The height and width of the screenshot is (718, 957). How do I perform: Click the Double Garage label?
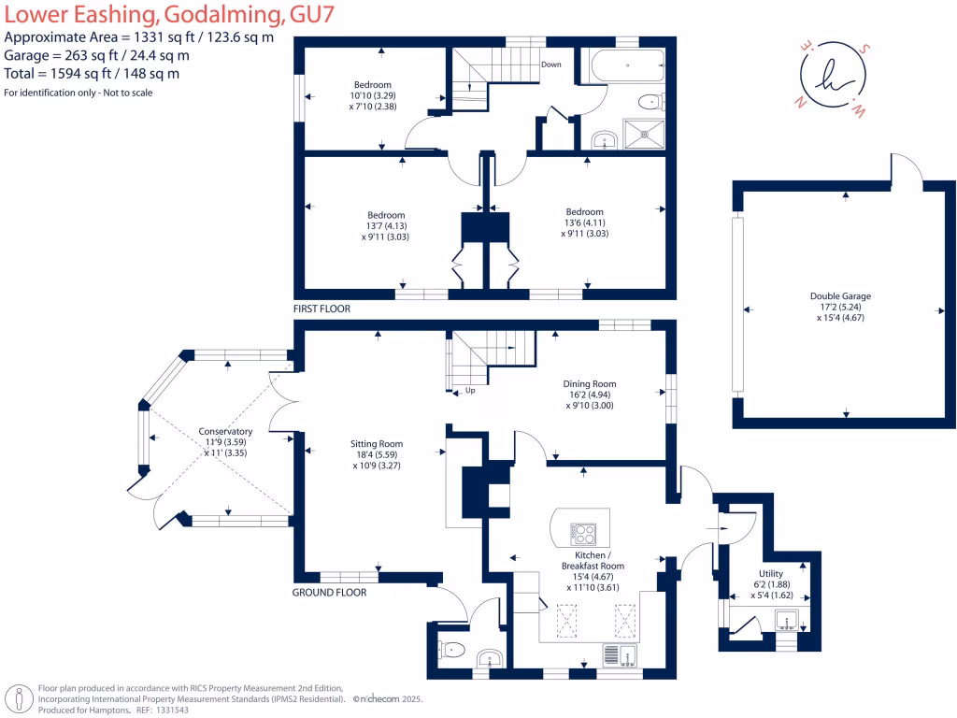click(840, 296)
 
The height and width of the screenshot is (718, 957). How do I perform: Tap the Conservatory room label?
click(225, 431)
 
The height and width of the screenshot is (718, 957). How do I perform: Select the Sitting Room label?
click(377, 444)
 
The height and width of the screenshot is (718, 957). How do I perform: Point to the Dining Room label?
click(589, 383)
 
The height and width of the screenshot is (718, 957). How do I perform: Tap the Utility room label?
click(771, 573)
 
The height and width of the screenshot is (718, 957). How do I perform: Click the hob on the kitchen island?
click(585, 534)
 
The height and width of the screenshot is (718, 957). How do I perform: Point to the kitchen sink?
click(624, 653)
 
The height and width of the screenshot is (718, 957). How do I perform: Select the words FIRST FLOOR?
click(321, 309)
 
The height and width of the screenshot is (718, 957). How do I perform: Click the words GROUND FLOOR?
click(329, 593)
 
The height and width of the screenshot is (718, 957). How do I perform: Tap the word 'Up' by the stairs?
click(469, 391)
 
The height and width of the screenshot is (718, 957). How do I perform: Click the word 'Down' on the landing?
click(551, 65)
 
